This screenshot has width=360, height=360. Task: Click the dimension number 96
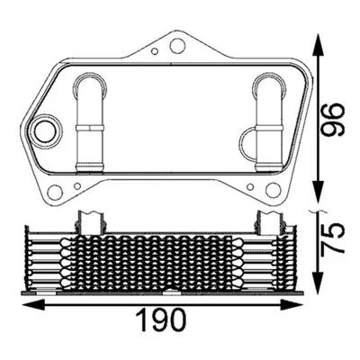click(x=332, y=120)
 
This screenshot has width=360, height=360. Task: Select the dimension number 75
click(x=332, y=239)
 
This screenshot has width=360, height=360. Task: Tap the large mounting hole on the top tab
click(x=177, y=46)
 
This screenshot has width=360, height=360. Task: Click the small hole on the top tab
click(x=155, y=51)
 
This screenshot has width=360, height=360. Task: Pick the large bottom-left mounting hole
click(x=55, y=191)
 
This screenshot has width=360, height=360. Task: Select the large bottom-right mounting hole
click(x=273, y=189)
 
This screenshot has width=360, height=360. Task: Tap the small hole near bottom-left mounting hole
click(x=77, y=186)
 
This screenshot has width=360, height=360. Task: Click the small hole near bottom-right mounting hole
click(x=250, y=187)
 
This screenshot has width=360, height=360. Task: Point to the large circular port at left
click(x=45, y=131)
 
